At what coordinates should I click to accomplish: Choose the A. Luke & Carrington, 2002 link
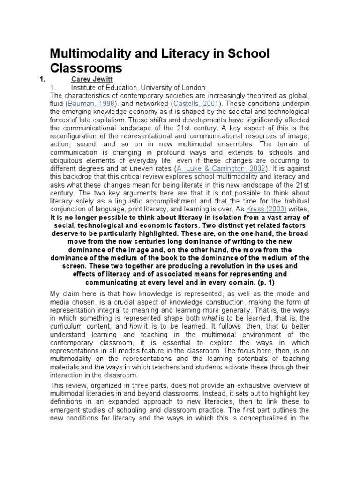[x=222, y=169]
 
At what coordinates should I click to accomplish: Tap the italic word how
[x=136, y=326]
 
